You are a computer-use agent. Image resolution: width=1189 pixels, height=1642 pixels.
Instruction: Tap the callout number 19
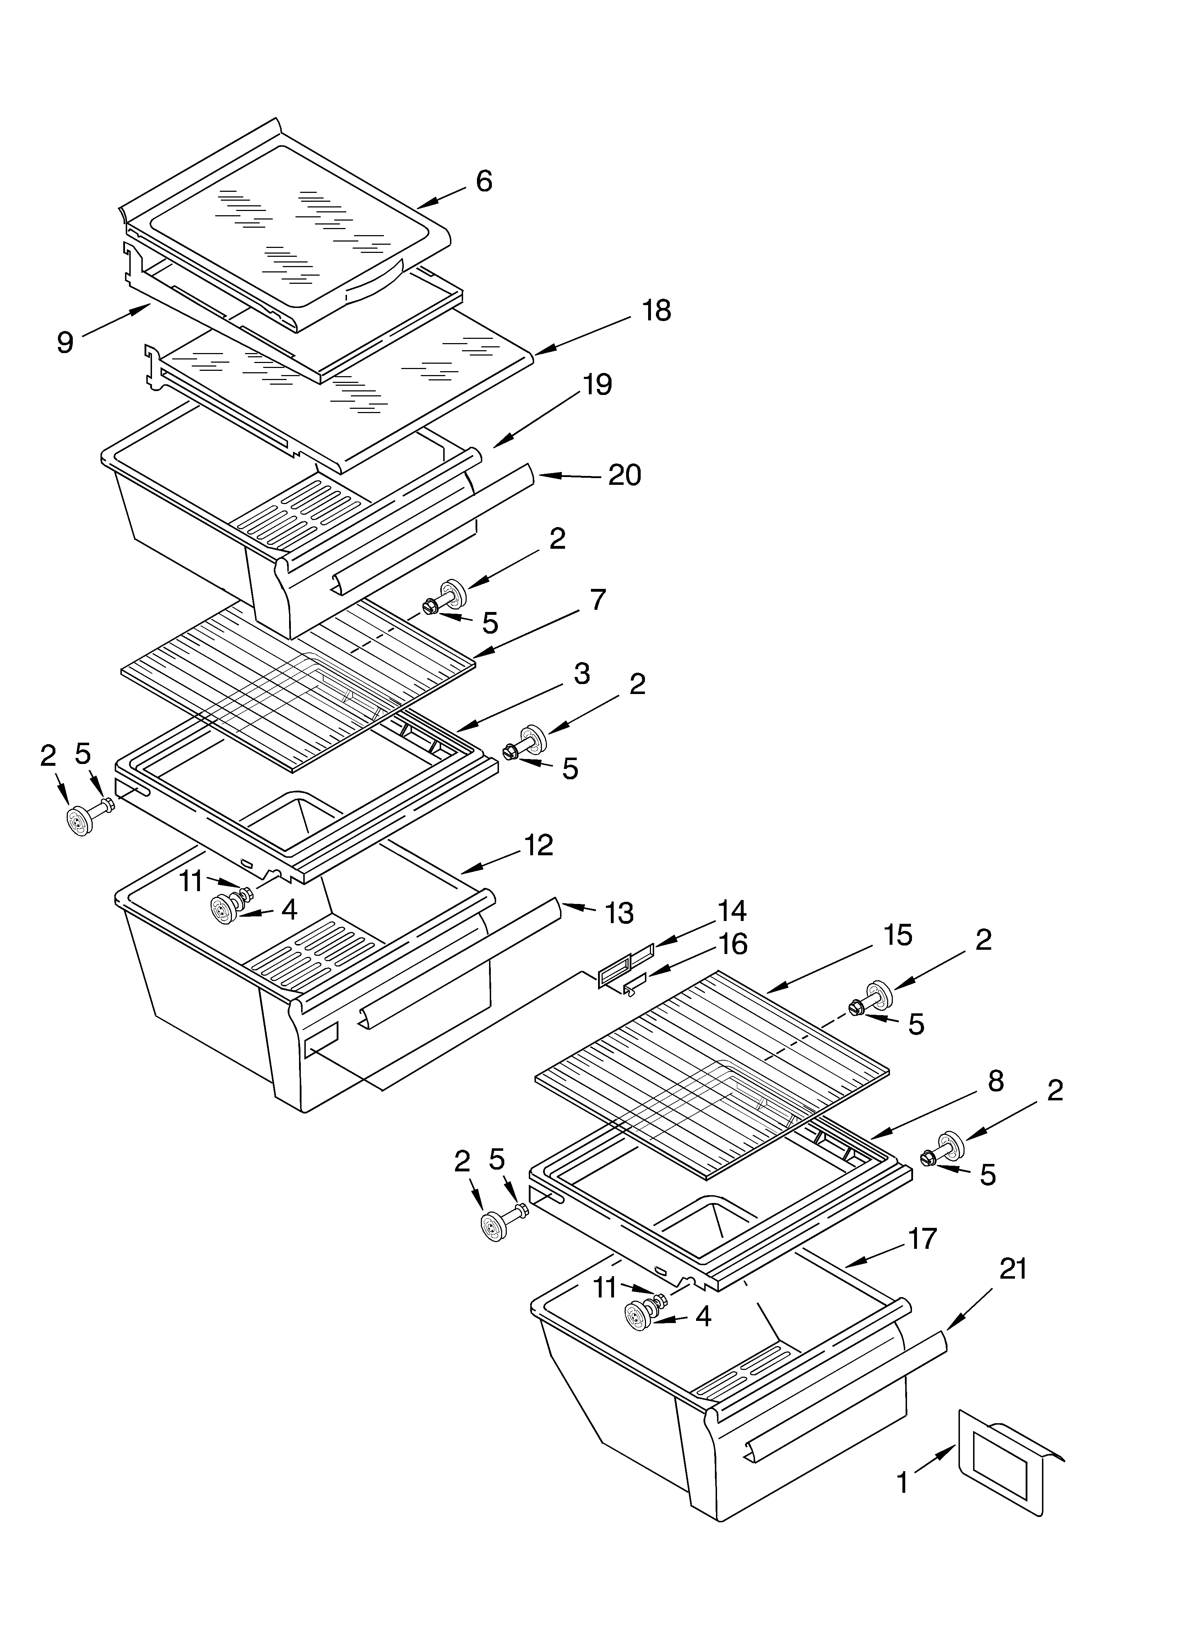pyautogui.click(x=597, y=384)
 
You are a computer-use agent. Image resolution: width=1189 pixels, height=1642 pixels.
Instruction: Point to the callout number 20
pyautogui.click(x=624, y=476)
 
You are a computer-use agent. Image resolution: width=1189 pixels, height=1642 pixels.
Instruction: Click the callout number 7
pyautogui.click(x=597, y=600)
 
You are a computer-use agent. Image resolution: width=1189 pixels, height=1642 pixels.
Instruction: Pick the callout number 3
pyautogui.click(x=581, y=674)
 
